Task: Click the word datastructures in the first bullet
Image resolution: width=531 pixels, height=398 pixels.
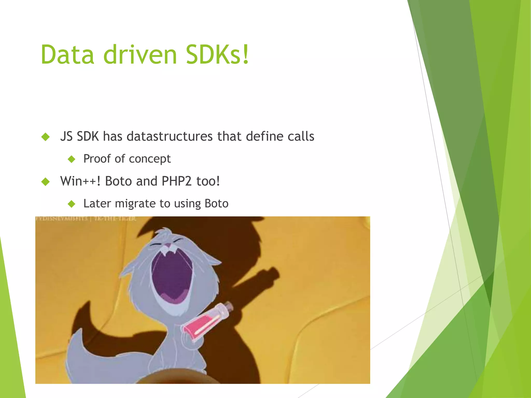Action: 170,136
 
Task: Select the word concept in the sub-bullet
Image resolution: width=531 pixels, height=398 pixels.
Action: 150,159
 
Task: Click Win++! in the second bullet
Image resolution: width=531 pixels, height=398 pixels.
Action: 80,181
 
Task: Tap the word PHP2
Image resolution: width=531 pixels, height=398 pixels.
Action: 176,181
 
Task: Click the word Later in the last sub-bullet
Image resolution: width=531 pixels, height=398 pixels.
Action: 97,204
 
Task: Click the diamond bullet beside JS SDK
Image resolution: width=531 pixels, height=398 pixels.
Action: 46,137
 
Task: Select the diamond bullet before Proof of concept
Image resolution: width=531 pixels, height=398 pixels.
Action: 71,159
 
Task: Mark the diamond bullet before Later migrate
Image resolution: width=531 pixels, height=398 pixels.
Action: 71,204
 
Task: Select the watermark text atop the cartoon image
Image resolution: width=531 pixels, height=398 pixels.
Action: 86,219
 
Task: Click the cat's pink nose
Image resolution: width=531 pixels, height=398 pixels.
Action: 168,245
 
